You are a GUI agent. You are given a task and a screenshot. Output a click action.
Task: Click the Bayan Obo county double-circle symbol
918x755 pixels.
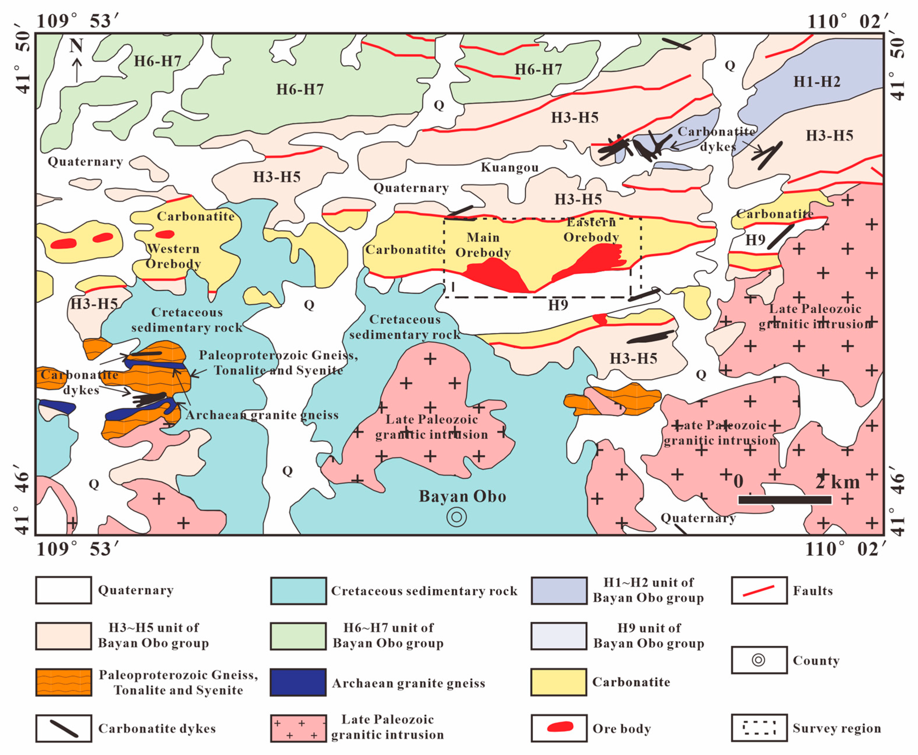[457, 517]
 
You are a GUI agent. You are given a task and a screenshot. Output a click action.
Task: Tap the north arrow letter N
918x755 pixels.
[76, 45]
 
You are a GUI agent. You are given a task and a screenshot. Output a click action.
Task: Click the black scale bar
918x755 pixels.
[785, 500]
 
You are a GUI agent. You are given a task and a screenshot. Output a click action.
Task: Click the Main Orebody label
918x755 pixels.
[483, 245]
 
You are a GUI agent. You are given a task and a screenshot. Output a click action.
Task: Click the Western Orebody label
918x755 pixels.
[173, 256]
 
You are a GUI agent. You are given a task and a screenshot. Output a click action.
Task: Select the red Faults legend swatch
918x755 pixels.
[759, 591]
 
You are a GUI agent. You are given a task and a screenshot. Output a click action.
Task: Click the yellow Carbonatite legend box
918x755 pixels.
[559, 682]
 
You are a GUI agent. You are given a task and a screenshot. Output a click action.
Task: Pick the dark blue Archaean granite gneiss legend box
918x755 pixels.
[298, 682]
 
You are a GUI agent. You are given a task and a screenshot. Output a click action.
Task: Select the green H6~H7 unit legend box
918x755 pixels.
[298, 636]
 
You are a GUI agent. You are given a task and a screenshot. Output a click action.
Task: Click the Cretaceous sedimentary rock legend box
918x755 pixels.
[298, 591]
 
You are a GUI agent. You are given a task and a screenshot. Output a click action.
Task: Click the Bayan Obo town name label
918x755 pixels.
[462, 496]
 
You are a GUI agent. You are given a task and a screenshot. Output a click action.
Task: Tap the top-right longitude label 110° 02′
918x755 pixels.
[847, 21]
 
